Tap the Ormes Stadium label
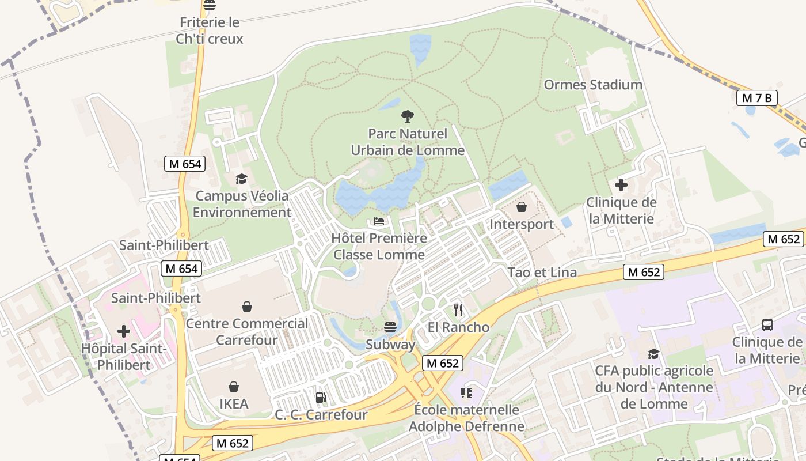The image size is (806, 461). coord(593,85)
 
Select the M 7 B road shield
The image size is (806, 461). coord(756,98)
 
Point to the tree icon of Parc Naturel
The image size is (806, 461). coord(407,116)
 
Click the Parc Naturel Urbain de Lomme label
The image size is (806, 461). coord(408,142)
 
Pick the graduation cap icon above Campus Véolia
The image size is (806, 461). coord(241,179)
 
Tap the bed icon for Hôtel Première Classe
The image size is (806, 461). coord(379,221)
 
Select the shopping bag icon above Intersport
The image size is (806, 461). coord(522,207)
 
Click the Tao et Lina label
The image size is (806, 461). coord(542,273)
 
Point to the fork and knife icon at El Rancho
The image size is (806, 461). coord(458,310)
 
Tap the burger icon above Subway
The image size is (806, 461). coord(390,328)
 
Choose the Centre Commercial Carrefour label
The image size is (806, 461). coord(247,332)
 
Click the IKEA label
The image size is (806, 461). coord(234,404)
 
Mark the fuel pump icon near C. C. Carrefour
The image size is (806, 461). coord(321,397)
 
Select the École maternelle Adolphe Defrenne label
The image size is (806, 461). coord(466,418)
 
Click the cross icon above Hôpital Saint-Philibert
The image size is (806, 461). coord(124,331)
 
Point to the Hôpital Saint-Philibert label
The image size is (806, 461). coord(124,357)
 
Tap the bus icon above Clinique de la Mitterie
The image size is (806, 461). coord(767,324)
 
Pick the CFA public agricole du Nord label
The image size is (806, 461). coord(654,387)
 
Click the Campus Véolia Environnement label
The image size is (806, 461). coord(242,204)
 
